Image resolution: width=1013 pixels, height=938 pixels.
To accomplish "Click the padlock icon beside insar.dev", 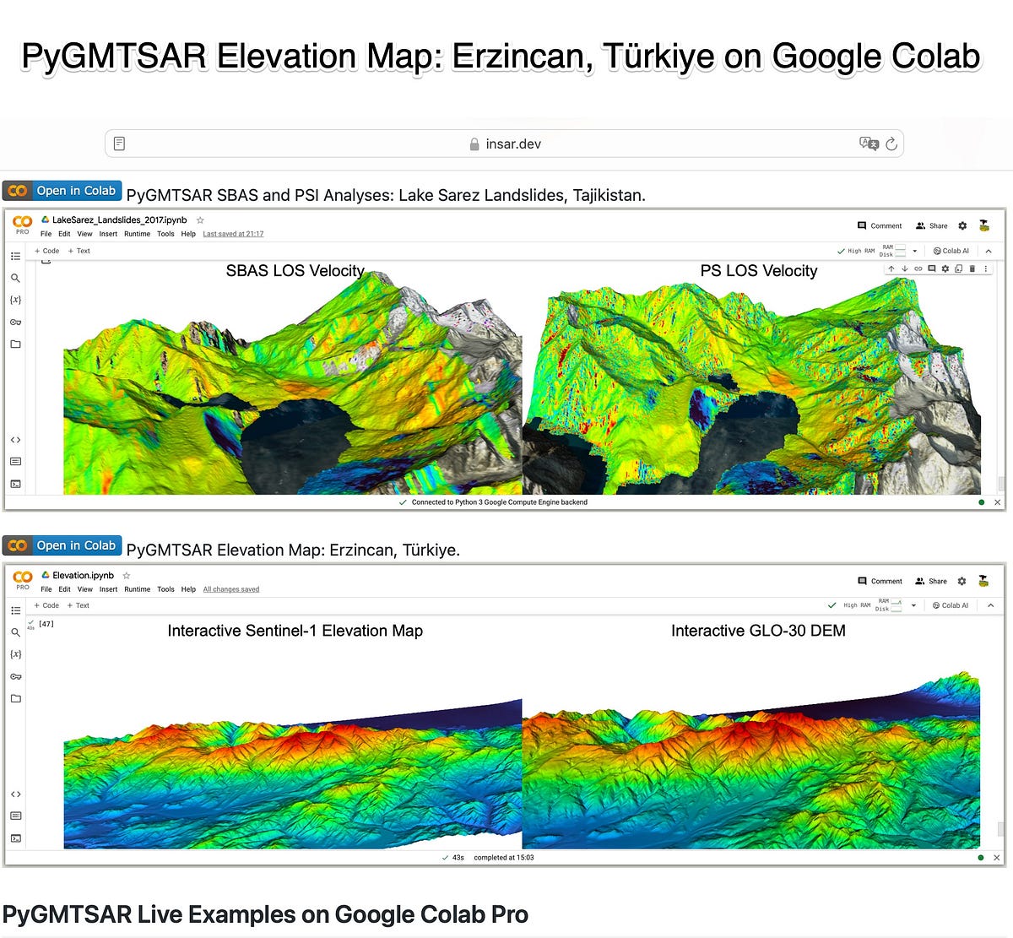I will click(x=474, y=144).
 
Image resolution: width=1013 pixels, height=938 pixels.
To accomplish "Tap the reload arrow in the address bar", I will click(x=891, y=144).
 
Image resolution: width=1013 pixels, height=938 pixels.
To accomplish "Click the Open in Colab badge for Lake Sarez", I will click(x=62, y=191).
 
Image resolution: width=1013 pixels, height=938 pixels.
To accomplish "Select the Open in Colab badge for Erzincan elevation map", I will click(x=62, y=545).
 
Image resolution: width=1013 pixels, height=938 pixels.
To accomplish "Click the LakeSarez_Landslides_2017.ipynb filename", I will click(x=119, y=220).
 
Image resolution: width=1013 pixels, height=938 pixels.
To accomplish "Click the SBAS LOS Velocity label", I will click(x=295, y=271).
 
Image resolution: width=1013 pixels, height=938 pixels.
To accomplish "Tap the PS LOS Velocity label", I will click(x=758, y=271).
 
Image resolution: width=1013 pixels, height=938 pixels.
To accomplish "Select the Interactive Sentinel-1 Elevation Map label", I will click(x=295, y=631).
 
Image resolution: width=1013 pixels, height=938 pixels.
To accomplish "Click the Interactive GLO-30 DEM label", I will click(x=758, y=631).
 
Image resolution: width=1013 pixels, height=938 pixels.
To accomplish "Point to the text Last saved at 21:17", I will click(x=233, y=234).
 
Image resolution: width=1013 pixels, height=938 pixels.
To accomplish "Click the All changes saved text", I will click(x=230, y=589).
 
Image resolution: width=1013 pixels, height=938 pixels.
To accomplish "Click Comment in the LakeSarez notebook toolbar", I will click(x=880, y=226).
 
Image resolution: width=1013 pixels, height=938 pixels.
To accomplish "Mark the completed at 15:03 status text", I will click(x=503, y=858).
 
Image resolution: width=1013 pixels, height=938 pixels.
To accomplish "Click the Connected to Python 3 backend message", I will click(x=499, y=502).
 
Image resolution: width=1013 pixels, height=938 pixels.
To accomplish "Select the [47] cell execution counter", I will click(x=46, y=624).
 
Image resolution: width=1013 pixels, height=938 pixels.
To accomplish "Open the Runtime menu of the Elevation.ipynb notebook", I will click(x=137, y=589).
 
